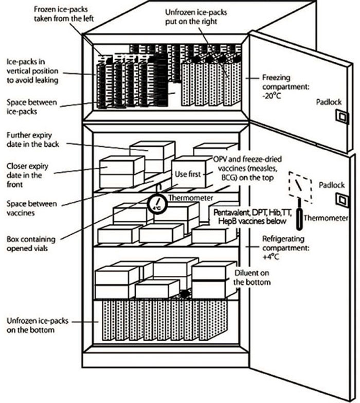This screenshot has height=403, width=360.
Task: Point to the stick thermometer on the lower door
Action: pos(298,219)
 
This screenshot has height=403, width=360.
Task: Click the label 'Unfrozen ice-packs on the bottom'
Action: pos(31,325)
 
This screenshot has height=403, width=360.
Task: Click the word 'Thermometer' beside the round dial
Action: pos(186,196)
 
